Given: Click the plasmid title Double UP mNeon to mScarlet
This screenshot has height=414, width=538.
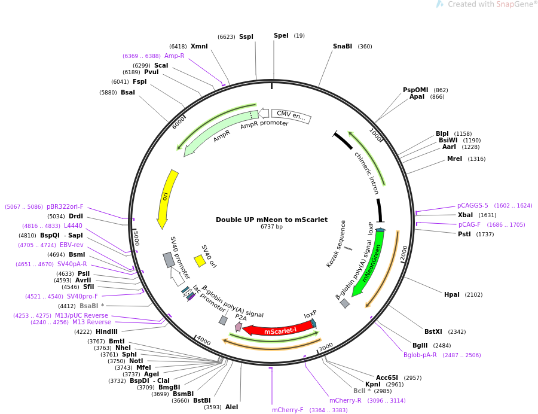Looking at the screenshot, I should tap(271, 220).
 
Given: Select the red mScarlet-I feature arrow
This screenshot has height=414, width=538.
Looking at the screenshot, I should tap(279, 330).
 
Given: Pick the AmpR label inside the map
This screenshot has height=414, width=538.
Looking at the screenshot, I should tap(222, 136).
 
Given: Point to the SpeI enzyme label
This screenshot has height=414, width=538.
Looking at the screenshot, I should tap(281, 35).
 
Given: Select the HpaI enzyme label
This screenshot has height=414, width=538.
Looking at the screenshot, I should tap(451, 294).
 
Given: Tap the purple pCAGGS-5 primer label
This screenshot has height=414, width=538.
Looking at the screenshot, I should tap(473, 205).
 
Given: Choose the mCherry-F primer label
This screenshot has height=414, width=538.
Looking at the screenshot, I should tap(288, 410).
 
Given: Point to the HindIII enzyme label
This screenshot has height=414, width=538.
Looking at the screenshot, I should tap(106, 331).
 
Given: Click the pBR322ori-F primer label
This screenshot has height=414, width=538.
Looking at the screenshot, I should tap(65, 206).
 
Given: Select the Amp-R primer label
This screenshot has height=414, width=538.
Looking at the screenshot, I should tap(174, 56).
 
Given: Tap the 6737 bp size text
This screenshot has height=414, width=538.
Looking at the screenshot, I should tap(271, 227).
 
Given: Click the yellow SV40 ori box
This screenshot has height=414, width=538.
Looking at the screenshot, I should tap(200, 261).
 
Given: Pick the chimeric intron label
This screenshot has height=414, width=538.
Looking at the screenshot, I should tap(366, 173).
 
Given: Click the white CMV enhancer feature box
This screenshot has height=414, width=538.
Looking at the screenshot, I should tap(291, 115).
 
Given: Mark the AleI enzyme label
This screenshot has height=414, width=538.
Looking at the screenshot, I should tap(231, 407).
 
